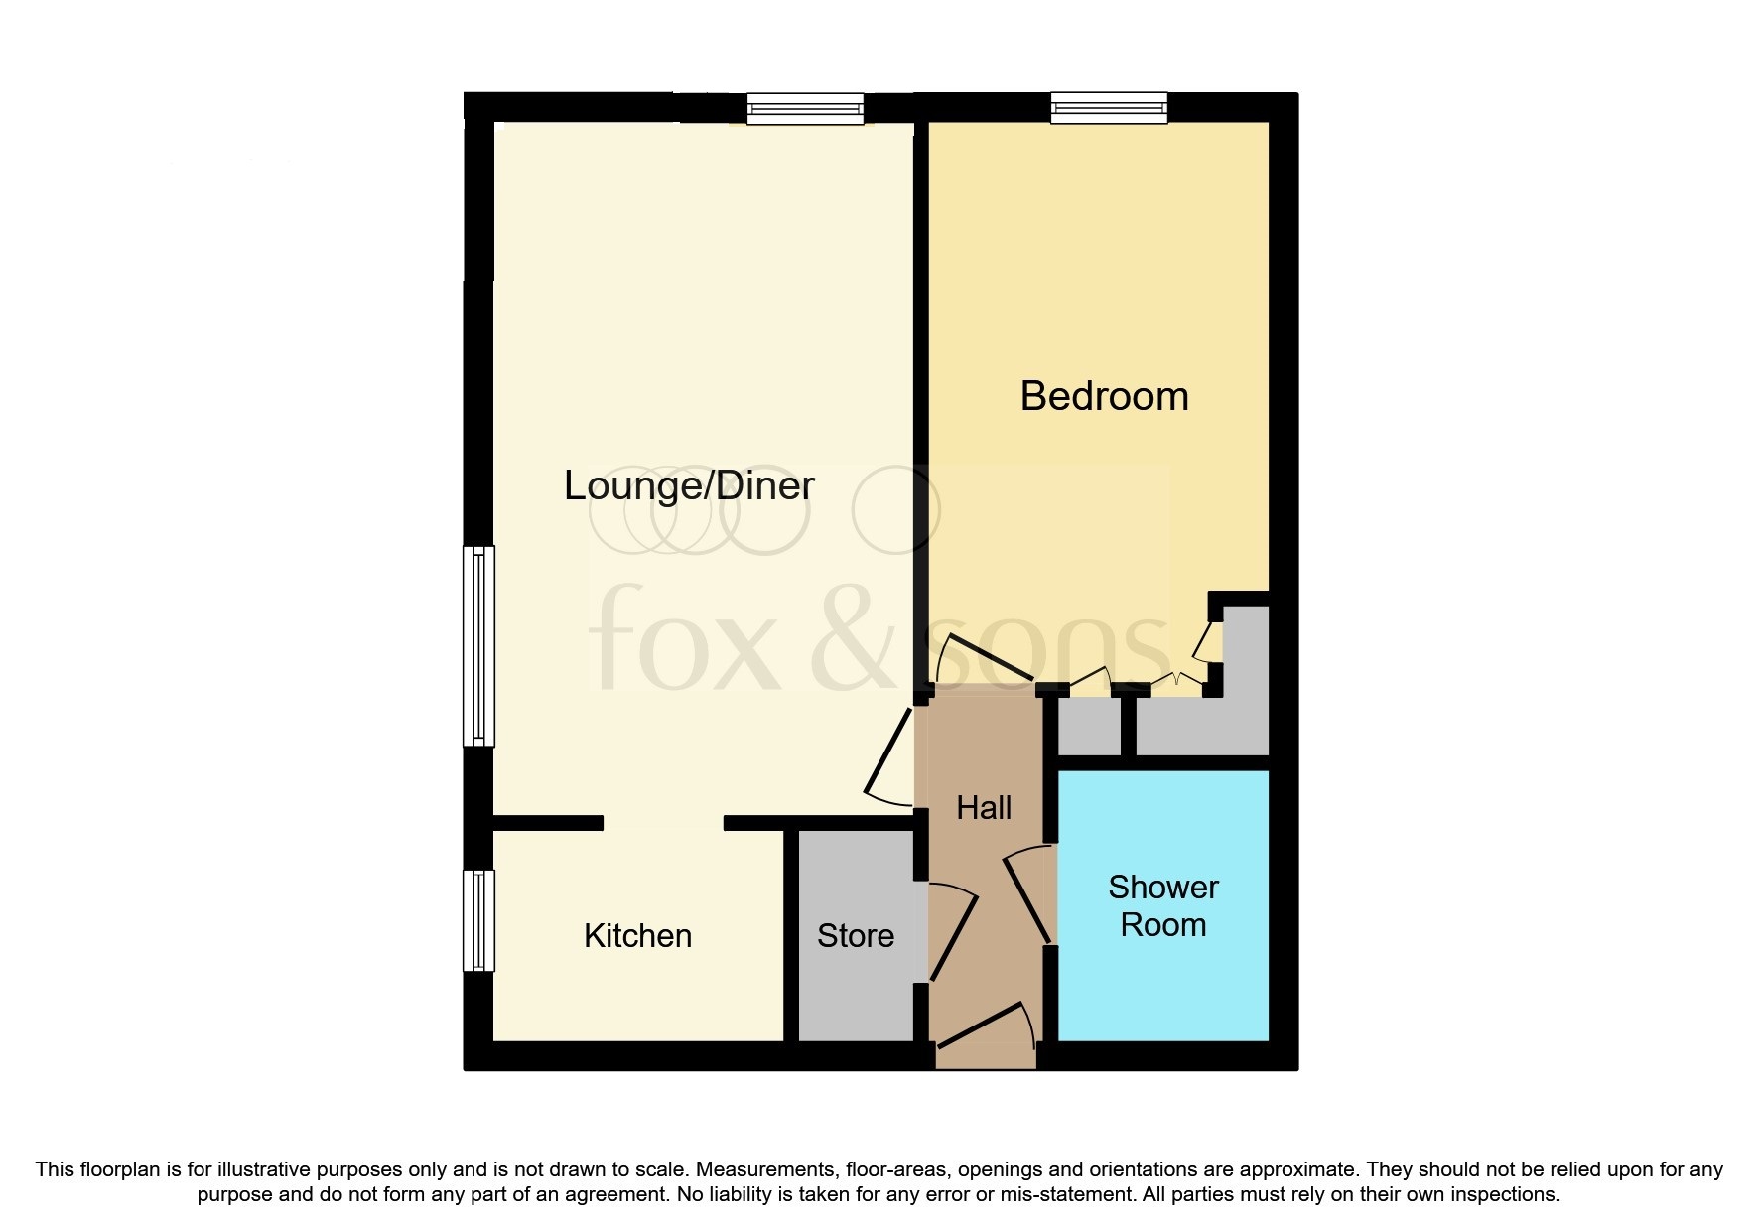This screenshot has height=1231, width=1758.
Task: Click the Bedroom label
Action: coord(1104,396)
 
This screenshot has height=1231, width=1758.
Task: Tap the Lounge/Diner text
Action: coord(689,485)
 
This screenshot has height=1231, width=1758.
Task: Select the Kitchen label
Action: coord(637,935)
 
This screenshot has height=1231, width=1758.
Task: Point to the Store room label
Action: coord(855,935)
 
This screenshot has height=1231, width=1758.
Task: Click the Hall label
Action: coord(984,807)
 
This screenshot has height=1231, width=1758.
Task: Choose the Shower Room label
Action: coord(1162,905)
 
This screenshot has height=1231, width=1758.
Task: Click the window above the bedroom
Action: coord(1109,107)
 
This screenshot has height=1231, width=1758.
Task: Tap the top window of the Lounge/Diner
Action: coord(805,107)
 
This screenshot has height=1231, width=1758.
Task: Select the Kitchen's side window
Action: coord(479,920)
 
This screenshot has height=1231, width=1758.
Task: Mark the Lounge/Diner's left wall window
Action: coord(479,645)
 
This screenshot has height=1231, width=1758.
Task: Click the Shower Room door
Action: coord(1028,893)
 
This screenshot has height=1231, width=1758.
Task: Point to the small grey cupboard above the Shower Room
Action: coord(1088,727)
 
